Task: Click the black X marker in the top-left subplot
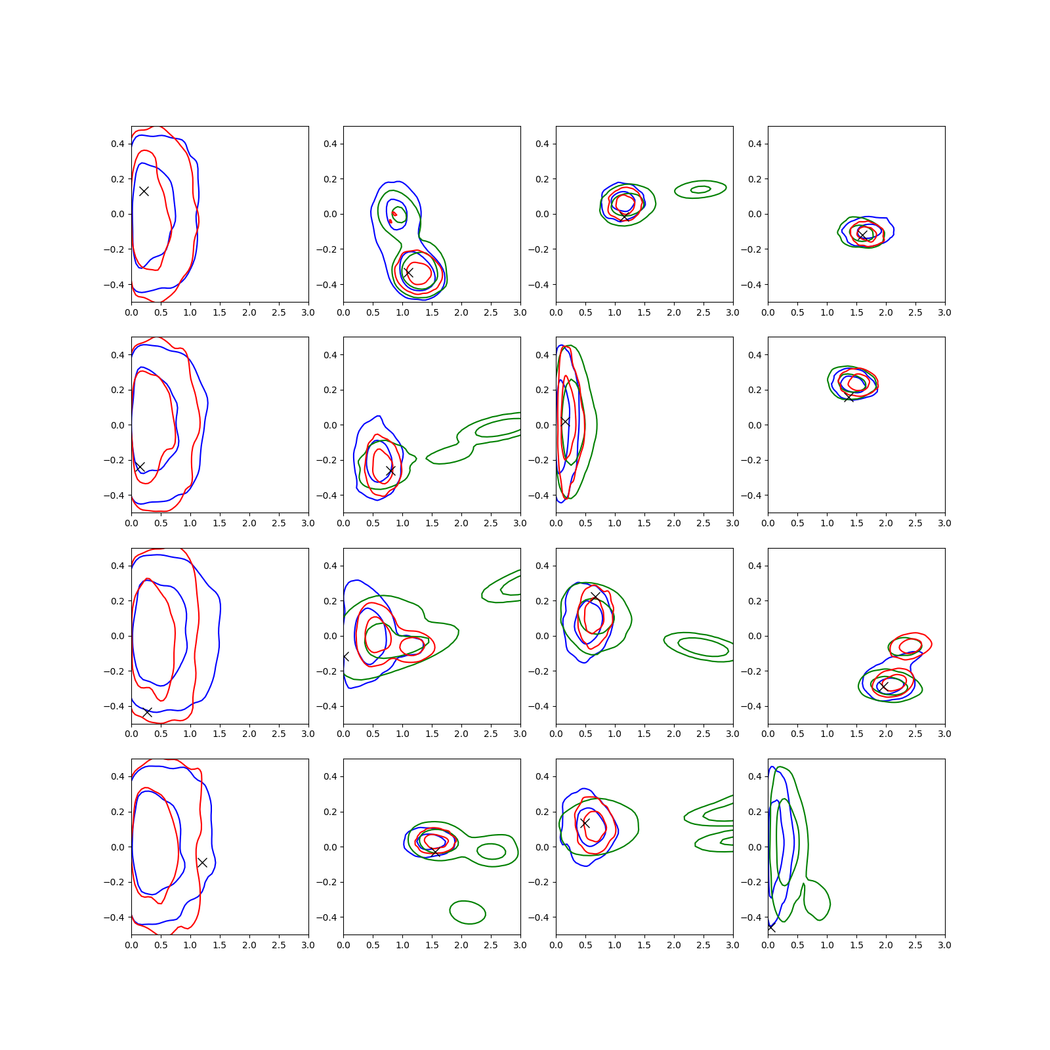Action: point(144,191)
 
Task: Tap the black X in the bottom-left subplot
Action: point(203,862)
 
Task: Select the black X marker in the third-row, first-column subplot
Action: point(148,712)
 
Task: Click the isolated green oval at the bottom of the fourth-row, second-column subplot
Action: point(467,912)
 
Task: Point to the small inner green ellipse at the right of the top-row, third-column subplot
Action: point(701,190)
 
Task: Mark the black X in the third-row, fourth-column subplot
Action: point(884,686)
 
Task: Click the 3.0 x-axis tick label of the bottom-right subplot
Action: point(944,945)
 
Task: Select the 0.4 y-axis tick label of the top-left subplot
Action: point(117,144)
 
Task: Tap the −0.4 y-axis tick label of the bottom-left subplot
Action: point(114,917)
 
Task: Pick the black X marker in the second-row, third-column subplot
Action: point(565,421)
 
